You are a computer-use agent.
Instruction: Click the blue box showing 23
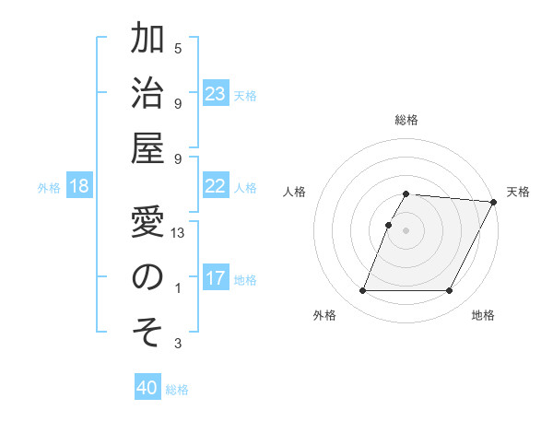click(216, 94)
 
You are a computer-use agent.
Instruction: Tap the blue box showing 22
click(216, 186)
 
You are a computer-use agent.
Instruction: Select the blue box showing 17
click(216, 278)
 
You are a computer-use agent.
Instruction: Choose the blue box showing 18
click(79, 187)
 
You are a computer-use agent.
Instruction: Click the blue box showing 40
click(147, 388)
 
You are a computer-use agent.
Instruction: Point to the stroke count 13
click(179, 233)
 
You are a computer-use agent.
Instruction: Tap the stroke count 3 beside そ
click(178, 344)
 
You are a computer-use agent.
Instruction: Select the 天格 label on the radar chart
click(518, 192)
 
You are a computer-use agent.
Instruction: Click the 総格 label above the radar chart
click(406, 120)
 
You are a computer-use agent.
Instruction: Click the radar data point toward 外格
click(362, 291)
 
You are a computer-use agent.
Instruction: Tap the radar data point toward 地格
click(450, 291)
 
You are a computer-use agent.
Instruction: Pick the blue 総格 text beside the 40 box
click(177, 390)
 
